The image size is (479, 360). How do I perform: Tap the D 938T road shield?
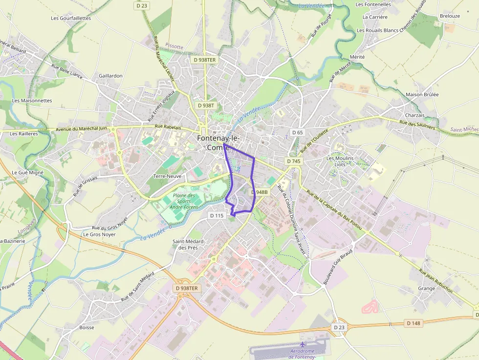(206, 106)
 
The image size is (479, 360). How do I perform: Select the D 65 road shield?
(297, 132)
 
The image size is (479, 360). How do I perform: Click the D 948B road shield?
(260, 192)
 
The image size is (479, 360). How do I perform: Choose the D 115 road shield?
(217, 215)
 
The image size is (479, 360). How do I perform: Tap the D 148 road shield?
(414, 323)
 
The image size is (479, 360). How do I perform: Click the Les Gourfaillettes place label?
(71, 18)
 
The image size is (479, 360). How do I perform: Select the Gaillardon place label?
(110, 76)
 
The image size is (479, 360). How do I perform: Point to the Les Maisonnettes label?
(32, 101)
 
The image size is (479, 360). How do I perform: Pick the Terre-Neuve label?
(167, 176)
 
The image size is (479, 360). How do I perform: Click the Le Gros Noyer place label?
(99, 234)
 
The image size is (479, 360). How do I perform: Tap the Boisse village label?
(87, 327)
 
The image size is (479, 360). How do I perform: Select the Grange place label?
(426, 288)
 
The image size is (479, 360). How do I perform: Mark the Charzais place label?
(415, 115)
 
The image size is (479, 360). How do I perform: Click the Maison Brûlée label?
(422, 94)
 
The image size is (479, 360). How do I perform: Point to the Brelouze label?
(450, 16)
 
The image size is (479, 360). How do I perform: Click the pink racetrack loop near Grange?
(370, 307)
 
